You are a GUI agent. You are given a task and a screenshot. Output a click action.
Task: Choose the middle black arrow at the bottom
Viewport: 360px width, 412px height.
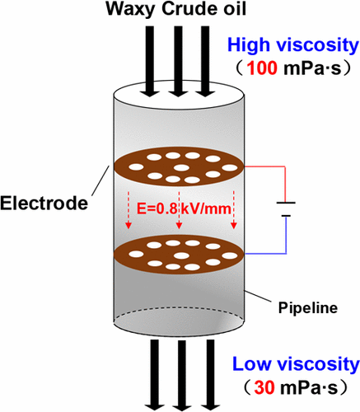(178, 375)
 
